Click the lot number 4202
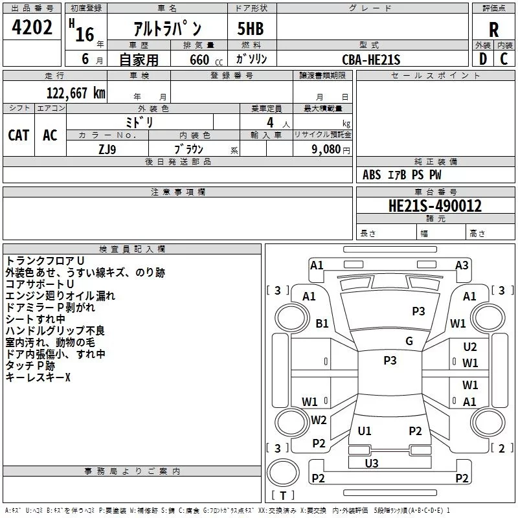point(32,27)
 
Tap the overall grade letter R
point(493,30)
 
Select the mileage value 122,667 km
point(76,93)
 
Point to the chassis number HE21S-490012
point(435,206)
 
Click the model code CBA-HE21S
point(371,60)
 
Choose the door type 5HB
point(251,28)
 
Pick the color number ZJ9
point(107,150)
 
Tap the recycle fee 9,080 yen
point(331,150)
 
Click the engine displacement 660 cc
point(206,60)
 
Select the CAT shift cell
point(19,135)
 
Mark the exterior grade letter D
point(483,59)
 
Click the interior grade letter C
point(504,59)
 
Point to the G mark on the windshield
point(409,341)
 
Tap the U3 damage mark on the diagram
point(372,463)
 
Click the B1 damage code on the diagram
point(322,323)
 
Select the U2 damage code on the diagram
point(470,347)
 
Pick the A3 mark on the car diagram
point(462,265)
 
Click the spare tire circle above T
point(283,473)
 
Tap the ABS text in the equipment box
point(372,175)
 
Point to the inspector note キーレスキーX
point(38,377)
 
